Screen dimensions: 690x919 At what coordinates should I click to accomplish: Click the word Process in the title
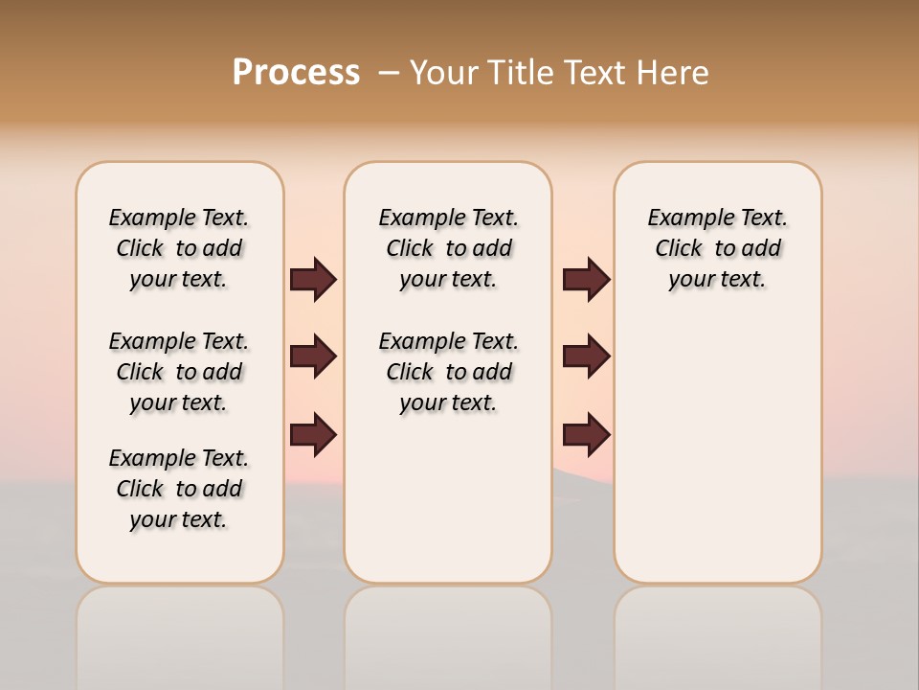coord(296,73)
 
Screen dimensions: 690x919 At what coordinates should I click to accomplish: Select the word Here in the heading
coord(670,73)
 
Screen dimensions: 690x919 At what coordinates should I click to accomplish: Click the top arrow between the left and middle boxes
coord(313,279)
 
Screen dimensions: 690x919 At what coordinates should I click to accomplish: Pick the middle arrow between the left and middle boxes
coord(313,356)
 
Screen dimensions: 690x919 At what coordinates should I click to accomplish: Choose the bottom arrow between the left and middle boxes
coord(313,434)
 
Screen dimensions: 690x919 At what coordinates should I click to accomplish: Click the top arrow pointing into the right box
coord(586,279)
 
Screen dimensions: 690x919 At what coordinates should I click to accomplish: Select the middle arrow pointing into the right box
coord(586,356)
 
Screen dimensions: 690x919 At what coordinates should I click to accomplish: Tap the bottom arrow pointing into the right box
coord(586,434)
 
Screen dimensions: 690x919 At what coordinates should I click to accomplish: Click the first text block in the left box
coord(179,248)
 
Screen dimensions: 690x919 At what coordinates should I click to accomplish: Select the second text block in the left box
coord(179,372)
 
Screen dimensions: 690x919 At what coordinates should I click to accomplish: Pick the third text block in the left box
coord(179,489)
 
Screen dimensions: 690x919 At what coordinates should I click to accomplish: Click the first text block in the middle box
coord(448,248)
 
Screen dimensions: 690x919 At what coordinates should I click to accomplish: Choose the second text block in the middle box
coord(448,372)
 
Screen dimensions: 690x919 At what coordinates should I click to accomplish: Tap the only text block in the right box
coord(717,248)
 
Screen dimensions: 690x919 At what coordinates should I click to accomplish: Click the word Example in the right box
coord(685,218)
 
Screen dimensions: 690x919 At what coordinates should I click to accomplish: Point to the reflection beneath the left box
coord(180,632)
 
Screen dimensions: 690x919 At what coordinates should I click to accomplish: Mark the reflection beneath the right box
coord(718,632)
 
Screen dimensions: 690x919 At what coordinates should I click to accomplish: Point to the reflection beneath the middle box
coord(448,632)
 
